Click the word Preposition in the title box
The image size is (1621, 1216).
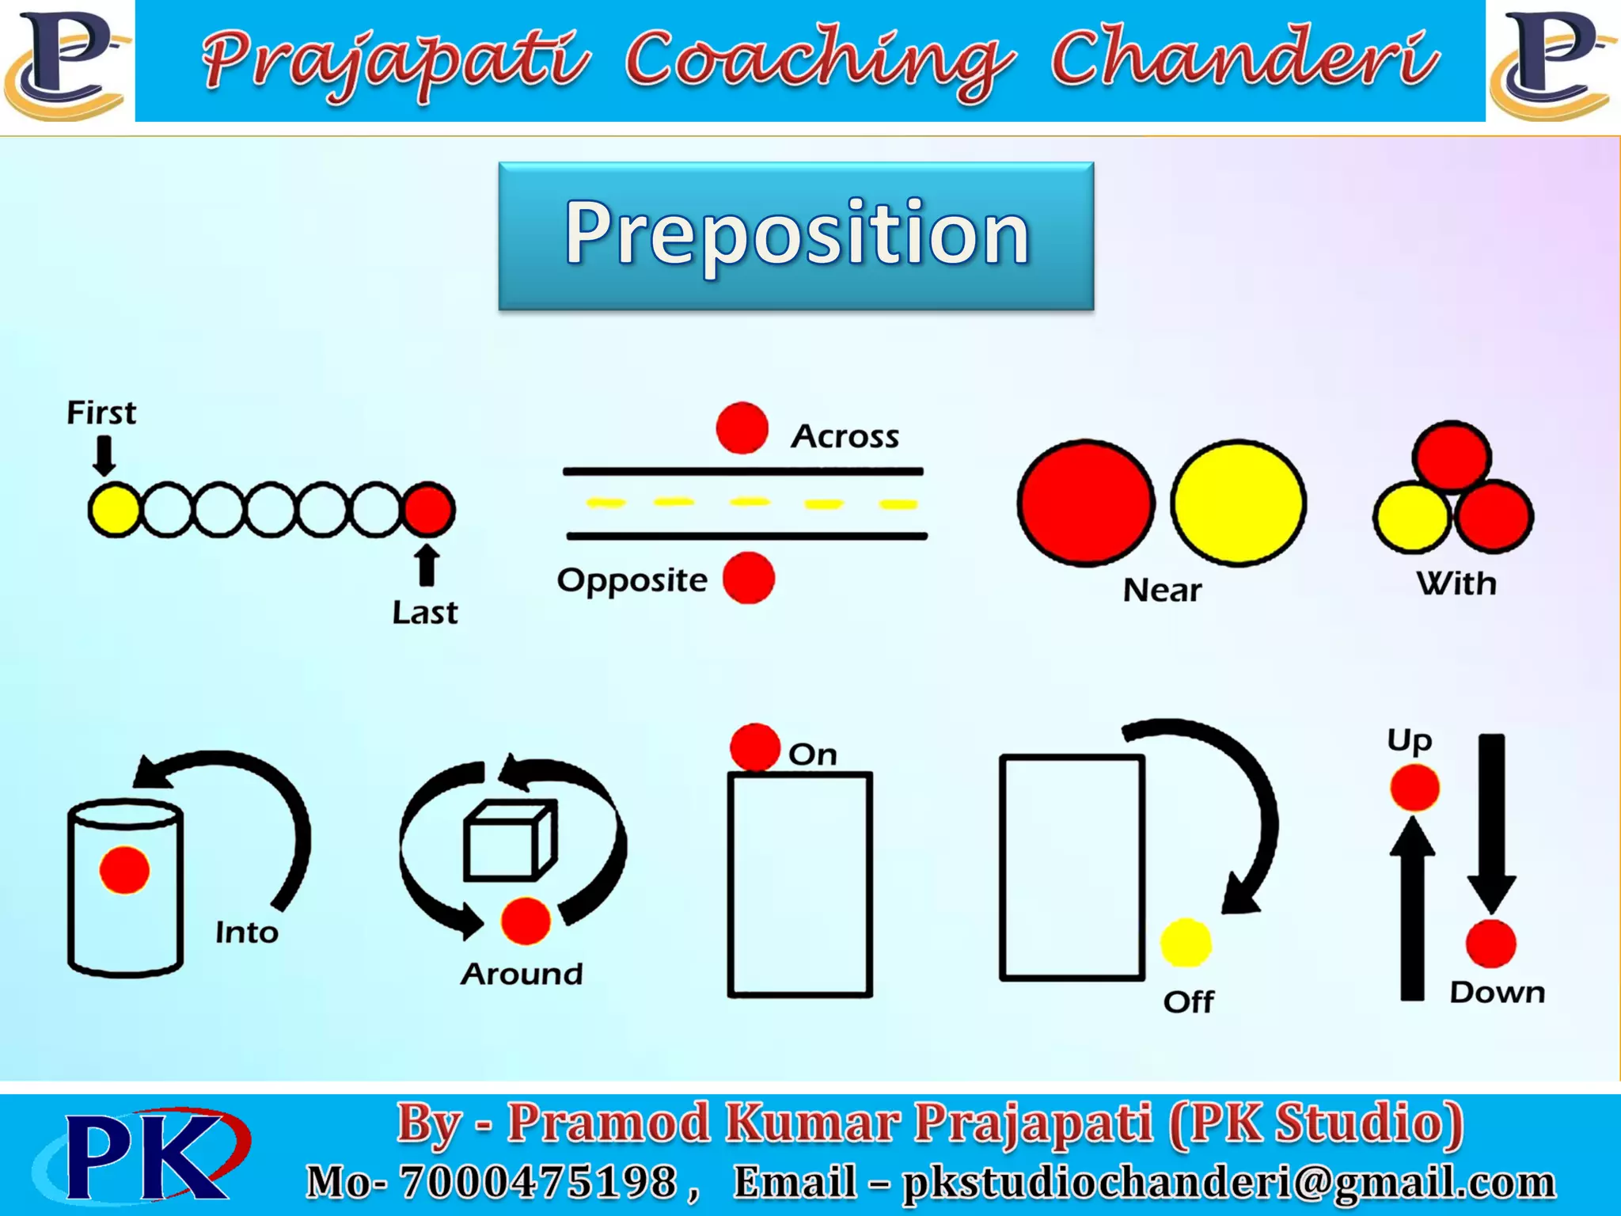796,233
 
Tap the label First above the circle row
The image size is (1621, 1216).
101,413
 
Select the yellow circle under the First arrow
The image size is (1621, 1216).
113,510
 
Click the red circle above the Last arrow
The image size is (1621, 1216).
428,509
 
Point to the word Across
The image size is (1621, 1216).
845,436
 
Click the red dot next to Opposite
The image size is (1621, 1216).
748,579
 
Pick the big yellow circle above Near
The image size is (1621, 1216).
1238,503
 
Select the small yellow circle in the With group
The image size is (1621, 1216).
1411,518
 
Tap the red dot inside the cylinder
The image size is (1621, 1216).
124,870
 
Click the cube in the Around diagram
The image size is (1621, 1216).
510,842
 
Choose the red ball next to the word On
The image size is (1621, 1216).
754,747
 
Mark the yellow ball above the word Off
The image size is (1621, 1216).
1185,943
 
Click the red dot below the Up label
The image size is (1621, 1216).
1414,788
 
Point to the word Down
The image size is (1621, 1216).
1497,993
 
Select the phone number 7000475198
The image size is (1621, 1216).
538,1182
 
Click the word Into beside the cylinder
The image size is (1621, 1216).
247,933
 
